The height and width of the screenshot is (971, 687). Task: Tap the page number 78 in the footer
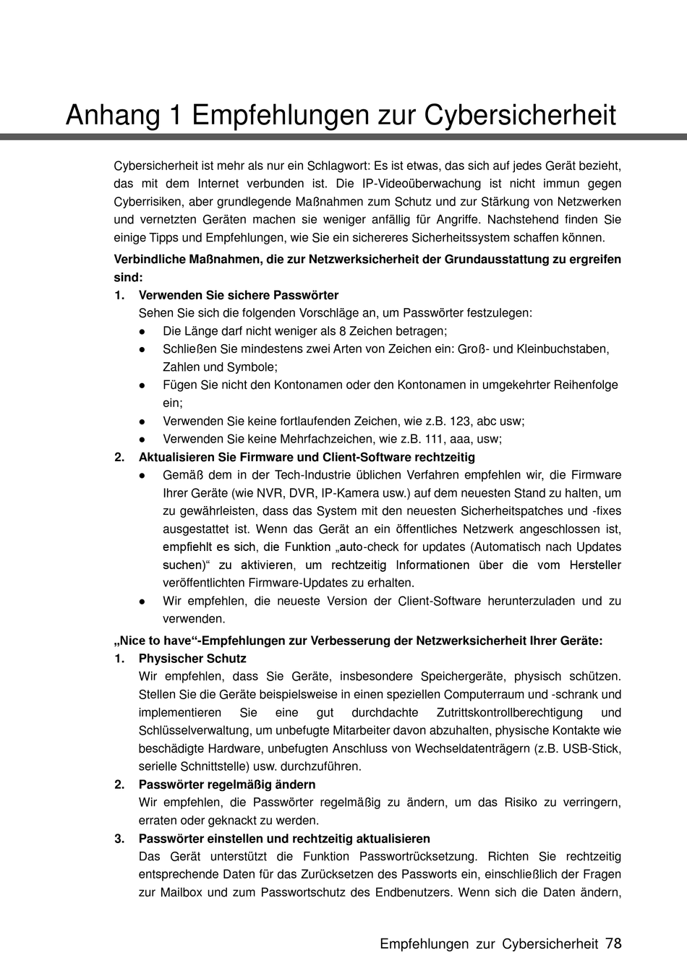pyautogui.click(x=613, y=944)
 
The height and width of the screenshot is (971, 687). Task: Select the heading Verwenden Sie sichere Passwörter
pyautogui.click(x=239, y=295)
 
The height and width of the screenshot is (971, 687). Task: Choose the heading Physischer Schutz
pyautogui.click(x=192, y=659)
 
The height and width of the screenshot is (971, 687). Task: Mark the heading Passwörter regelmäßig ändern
pyautogui.click(x=227, y=784)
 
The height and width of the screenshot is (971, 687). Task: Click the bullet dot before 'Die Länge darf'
pyautogui.click(x=143, y=331)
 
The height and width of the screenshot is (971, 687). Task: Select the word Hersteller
pyautogui.click(x=595, y=565)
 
